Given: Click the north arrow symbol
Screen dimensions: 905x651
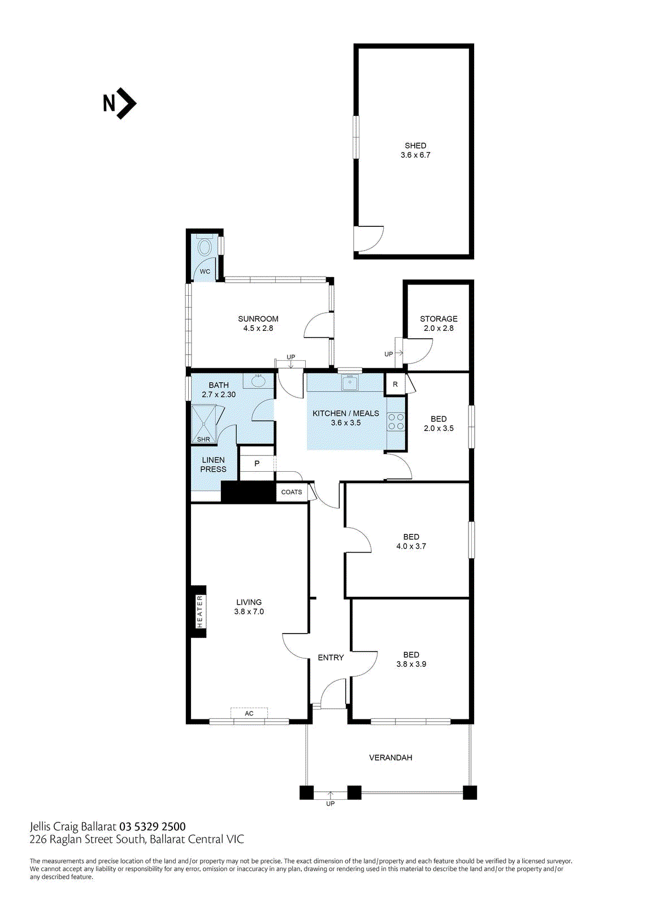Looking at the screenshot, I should (120, 104).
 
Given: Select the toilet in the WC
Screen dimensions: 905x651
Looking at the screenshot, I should (205, 247).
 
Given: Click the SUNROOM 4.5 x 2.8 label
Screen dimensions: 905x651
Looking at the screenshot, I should (258, 324).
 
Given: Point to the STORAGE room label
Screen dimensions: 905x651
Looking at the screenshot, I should (439, 323).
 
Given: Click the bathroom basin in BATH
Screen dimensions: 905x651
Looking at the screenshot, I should (259, 381).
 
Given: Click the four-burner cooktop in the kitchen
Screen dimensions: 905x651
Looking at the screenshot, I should (396, 421).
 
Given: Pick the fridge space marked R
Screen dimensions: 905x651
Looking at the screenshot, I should (395, 384).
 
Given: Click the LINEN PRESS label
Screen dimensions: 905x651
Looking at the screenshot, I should (213, 464).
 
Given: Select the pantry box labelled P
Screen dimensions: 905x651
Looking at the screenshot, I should (257, 463).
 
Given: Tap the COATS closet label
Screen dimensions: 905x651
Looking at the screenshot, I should (292, 492).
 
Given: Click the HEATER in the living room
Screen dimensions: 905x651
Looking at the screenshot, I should (199, 611).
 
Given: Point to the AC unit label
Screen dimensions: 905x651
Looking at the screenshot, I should (249, 713).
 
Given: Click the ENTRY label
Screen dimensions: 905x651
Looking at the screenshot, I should (331, 657).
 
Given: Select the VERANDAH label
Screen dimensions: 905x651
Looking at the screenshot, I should (390, 757).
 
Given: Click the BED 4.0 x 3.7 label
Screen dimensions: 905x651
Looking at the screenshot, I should (411, 541).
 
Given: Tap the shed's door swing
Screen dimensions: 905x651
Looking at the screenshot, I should (368, 239).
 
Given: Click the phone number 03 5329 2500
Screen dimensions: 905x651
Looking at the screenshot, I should (152, 827).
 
